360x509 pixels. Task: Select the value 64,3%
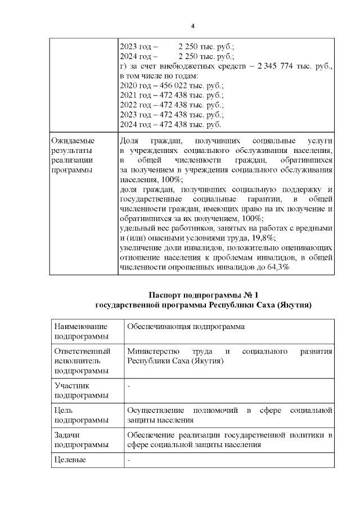click(277, 267)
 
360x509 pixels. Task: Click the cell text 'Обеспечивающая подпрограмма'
click(183, 326)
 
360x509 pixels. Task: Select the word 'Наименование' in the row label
click(79, 326)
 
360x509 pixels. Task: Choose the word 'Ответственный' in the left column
click(80, 352)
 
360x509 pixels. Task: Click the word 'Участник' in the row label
click(71, 386)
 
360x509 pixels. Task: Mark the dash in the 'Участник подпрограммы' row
click(129, 386)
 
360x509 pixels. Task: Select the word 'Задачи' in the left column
click(67, 435)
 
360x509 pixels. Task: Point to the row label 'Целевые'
click(70, 460)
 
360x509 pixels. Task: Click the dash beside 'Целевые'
click(129, 460)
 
